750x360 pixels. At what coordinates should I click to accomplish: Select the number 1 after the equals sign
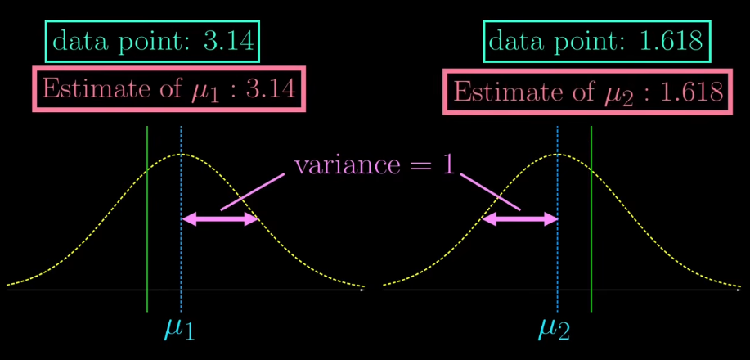(447, 164)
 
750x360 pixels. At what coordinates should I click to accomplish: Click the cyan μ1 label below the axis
(179, 328)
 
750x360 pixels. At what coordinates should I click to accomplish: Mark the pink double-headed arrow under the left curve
(219, 218)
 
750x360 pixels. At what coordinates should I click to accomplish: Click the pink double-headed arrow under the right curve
(520, 218)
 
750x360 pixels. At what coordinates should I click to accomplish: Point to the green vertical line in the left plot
(147, 245)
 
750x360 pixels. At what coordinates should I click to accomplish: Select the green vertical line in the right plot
(591, 245)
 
